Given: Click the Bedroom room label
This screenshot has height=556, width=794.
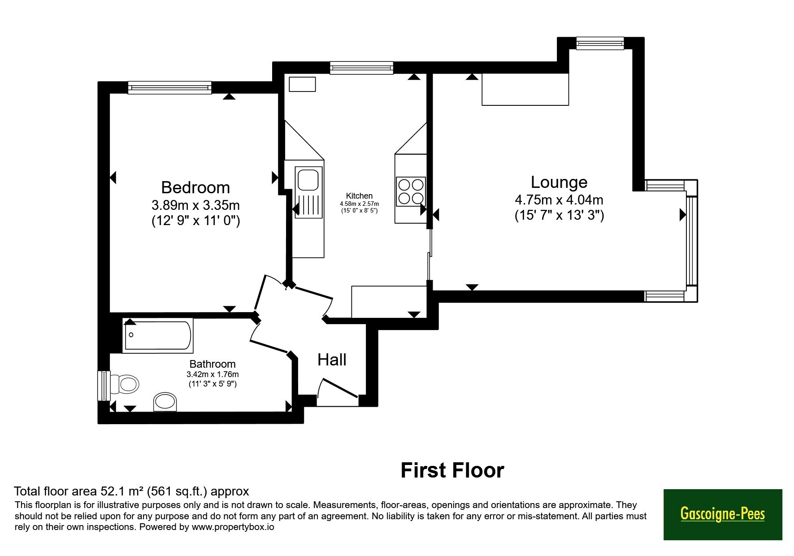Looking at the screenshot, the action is point(195,187).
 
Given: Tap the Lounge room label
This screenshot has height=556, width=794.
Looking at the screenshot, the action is point(559,182).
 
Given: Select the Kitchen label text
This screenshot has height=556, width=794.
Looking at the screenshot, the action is point(359,196).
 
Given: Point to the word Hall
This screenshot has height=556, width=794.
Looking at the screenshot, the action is point(332,360).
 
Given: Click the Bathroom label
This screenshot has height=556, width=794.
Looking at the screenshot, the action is point(213,364).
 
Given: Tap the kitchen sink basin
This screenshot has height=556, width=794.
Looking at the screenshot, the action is point(308,179).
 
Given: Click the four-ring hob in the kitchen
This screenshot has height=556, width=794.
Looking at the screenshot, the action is point(411,191).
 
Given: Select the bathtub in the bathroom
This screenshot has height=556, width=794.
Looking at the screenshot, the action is point(158,335).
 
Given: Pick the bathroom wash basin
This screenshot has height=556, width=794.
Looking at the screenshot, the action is point(165,402).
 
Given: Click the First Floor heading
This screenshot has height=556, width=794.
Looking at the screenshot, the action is point(452,470).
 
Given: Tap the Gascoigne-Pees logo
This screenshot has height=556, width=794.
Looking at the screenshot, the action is point(723,514).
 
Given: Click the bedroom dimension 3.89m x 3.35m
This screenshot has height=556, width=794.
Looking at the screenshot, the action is point(195,205).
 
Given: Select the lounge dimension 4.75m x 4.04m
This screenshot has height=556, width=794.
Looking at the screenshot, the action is point(559,200).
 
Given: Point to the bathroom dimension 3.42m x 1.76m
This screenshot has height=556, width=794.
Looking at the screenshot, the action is point(213,374).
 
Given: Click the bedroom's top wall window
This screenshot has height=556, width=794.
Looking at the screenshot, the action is point(169,87).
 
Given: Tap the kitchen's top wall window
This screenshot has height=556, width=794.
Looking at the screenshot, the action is point(361,68).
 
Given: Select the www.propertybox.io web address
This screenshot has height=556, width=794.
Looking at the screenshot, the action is point(233,527).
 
